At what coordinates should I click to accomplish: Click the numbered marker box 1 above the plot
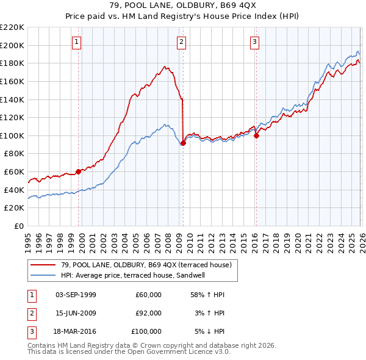click(x=76, y=42)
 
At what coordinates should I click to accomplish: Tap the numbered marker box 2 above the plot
click(x=182, y=42)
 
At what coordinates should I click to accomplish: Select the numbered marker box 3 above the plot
click(x=254, y=42)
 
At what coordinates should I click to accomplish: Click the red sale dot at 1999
click(x=78, y=171)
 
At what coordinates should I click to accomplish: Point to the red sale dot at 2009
click(x=184, y=143)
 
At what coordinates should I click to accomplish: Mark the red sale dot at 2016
click(x=256, y=135)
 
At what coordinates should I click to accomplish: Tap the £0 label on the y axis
click(x=18, y=226)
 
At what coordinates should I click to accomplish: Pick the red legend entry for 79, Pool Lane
click(x=146, y=265)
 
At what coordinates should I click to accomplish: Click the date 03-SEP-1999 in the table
click(x=76, y=295)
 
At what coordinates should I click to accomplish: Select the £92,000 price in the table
click(x=149, y=313)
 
